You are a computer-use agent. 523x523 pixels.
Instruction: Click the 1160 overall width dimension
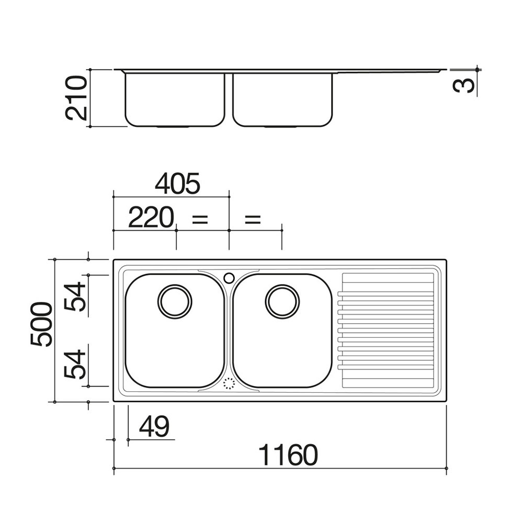(x=288, y=454)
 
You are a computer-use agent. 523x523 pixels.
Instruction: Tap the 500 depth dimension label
(x=41, y=324)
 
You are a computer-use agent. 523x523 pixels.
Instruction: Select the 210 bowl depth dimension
(x=76, y=98)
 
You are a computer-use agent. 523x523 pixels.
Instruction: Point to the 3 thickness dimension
(x=463, y=85)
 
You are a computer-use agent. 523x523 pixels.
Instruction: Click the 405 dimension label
(x=177, y=183)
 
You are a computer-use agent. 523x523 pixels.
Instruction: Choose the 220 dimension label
(x=151, y=217)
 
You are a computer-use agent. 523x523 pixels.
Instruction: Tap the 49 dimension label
(x=154, y=426)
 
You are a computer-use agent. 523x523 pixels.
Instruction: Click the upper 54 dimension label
(x=75, y=297)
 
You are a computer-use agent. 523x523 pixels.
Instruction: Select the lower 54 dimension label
(x=75, y=364)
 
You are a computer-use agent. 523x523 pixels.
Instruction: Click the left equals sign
(x=200, y=219)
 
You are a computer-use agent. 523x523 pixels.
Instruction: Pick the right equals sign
(x=253, y=219)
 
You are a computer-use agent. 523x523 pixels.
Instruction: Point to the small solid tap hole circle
(x=229, y=278)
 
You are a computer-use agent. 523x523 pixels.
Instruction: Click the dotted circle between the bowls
(x=229, y=383)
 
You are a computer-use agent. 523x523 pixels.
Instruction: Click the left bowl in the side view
(x=175, y=100)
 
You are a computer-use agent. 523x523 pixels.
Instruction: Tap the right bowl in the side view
(x=283, y=100)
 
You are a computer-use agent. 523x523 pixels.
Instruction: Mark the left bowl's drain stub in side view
(x=174, y=127)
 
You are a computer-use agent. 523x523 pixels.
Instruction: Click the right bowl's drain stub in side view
(x=281, y=127)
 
